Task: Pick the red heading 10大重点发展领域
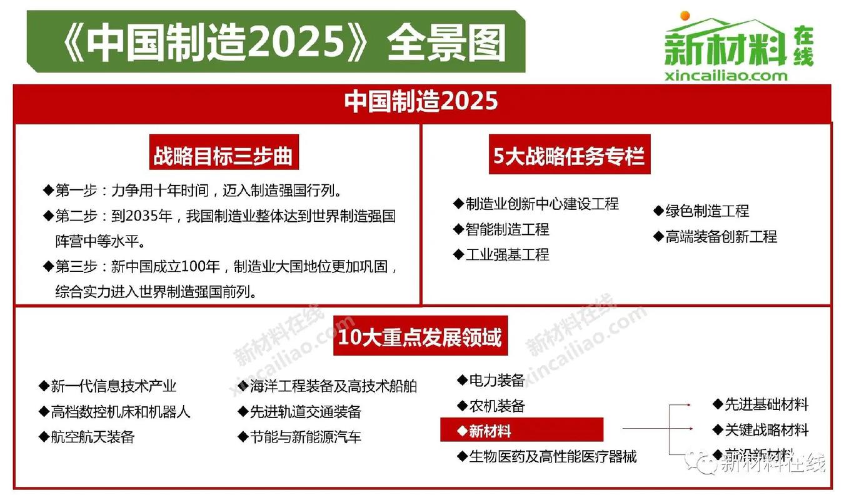(x=419, y=337)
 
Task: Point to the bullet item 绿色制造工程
(x=706, y=211)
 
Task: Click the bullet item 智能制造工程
(x=507, y=229)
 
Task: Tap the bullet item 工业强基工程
(x=507, y=254)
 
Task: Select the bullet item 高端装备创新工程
(x=720, y=236)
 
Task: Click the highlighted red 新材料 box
(x=521, y=431)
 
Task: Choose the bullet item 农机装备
(x=496, y=406)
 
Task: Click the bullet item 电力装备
(x=496, y=380)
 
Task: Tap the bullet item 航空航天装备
(x=93, y=436)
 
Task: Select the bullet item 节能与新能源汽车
(x=305, y=436)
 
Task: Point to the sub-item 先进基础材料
(x=766, y=404)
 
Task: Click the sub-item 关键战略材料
(x=766, y=430)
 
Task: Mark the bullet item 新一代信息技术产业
(x=113, y=386)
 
